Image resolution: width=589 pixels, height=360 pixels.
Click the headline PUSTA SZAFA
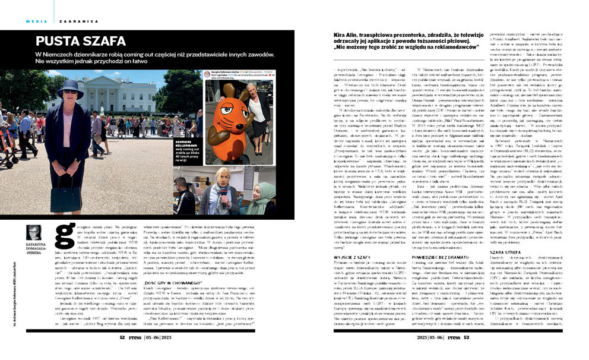point(81,42)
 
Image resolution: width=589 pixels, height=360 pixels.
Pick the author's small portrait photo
point(34,232)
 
